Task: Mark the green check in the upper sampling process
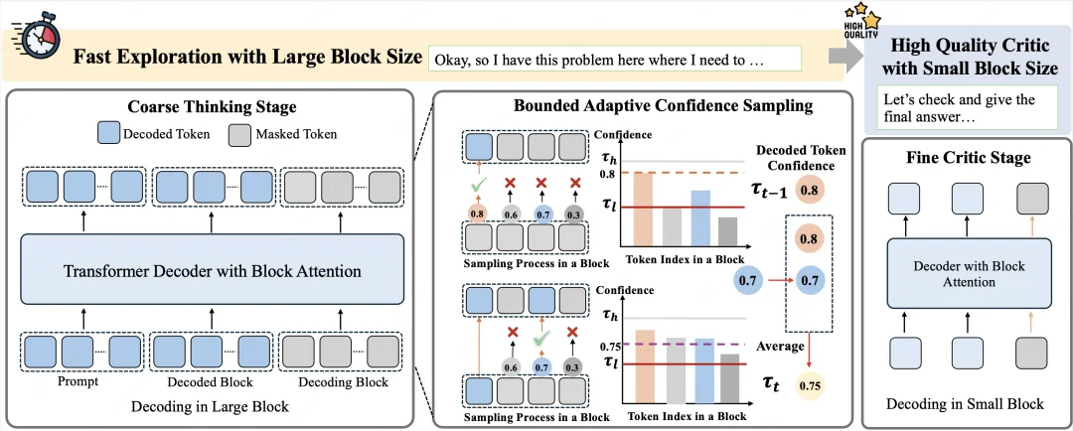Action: pos(478,184)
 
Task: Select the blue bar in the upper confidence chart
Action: pos(700,217)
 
